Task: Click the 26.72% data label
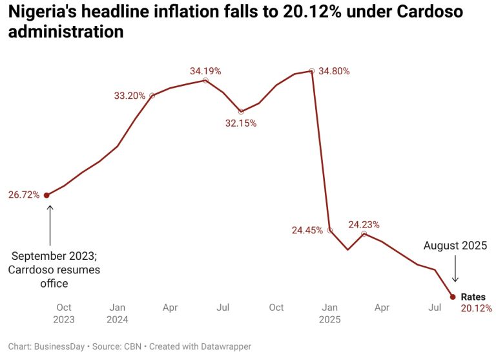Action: pos(23,195)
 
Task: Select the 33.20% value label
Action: pos(129,96)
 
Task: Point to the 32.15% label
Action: pos(241,123)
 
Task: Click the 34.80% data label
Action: pos(334,71)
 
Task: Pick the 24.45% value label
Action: pos(307,230)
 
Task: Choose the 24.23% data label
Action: pos(364,224)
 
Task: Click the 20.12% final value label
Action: pos(477,308)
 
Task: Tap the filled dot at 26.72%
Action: pos(46,195)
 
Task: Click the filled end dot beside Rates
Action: pos(453,297)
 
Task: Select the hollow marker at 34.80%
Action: pos(312,71)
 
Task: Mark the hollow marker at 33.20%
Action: pos(152,96)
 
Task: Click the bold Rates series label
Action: pos(473,297)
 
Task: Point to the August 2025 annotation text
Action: pos(455,246)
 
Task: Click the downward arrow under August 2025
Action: pos(455,269)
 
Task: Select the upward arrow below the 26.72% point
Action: pos(49,223)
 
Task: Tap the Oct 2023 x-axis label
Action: pos(64,313)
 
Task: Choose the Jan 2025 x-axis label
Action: pos(329,313)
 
